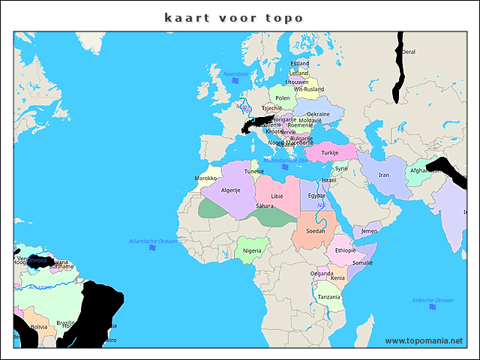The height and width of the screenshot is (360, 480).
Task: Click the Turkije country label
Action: [330, 153]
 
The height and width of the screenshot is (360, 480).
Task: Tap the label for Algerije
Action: [230, 190]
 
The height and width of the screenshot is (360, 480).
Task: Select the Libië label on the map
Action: [277, 196]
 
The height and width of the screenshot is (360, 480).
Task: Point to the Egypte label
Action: [317, 196]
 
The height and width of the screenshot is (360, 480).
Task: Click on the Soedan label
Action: [316, 231]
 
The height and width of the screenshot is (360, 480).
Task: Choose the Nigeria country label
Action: [252, 250]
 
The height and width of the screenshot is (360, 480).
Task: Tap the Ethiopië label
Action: [345, 250]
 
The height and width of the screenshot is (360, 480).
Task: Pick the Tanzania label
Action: [328, 297]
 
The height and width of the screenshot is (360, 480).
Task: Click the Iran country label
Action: [383, 175]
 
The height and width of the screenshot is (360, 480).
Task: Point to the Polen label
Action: [283, 98]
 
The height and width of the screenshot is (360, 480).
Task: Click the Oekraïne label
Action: [318, 114]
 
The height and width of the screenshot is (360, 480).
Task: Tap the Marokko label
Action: [205, 178]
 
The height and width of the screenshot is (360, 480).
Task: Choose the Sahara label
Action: [265, 205]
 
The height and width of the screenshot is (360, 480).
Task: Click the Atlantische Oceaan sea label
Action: [153, 241]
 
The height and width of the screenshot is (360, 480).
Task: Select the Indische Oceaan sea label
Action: [433, 301]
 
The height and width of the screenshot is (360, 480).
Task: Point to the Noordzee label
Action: [235, 73]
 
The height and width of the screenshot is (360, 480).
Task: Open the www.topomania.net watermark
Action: [424, 340]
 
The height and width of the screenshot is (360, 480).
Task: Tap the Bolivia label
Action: [39, 327]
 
